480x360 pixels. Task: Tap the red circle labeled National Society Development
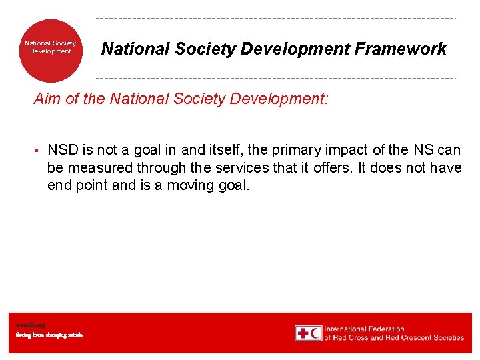(x=51, y=51)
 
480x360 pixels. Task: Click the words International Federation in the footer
(x=364, y=329)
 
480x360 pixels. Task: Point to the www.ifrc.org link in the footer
(x=26, y=325)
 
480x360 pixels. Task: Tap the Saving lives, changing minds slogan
(x=50, y=335)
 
